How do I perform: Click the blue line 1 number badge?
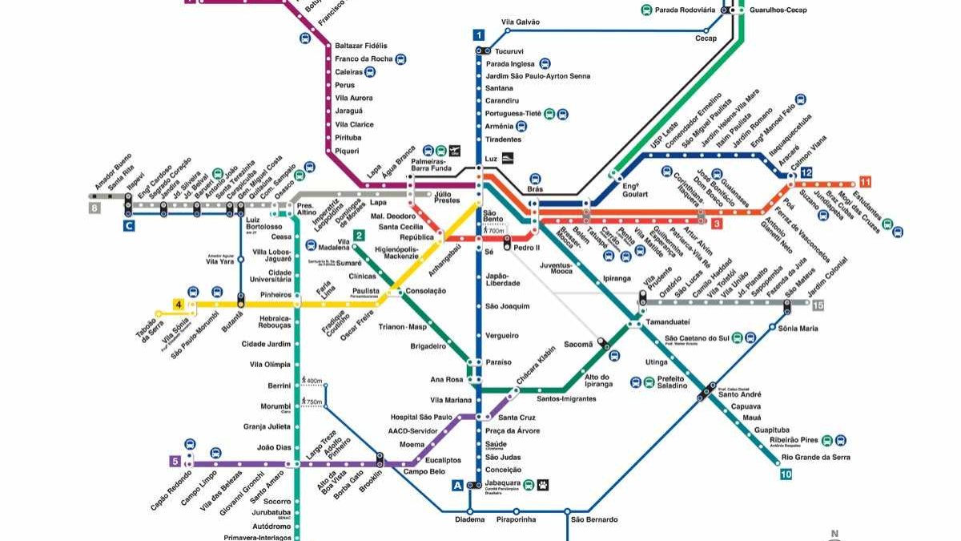[x=479, y=35]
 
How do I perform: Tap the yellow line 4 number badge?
[x=179, y=305]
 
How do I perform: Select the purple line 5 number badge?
[x=175, y=461]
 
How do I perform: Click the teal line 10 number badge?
[x=786, y=474]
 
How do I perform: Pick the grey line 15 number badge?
[x=817, y=305]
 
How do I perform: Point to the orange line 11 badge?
[x=865, y=181]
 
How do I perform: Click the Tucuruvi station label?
[x=509, y=51]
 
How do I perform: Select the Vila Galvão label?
[x=521, y=22]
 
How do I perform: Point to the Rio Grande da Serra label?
[x=815, y=457]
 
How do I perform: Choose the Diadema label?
[x=470, y=519]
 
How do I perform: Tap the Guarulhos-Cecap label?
[x=778, y=10]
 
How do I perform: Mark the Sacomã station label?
[x=579, y=344]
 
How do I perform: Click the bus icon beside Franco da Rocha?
[x=400, y=59]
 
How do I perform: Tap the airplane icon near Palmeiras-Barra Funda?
[x=455, y=150]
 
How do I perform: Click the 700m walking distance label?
[x=497, y=231]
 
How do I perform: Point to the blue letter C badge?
[x=127, y=227]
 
